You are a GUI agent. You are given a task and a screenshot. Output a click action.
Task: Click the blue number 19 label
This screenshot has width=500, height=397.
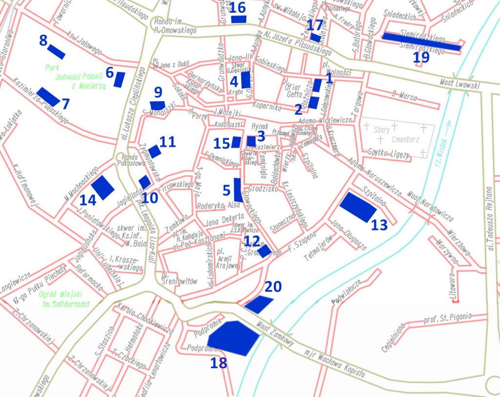click(x=421, y=57)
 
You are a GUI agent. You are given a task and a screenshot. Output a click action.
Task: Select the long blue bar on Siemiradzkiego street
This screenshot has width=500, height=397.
click(x=422, y=41)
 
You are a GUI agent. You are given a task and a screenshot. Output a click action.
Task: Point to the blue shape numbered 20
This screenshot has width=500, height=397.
click(x=259, y=304)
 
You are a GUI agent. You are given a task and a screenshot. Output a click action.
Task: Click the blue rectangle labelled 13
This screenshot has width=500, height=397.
click(x=358, y=206)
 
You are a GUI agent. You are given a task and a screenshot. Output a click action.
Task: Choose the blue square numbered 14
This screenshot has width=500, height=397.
click(x=103, y=187)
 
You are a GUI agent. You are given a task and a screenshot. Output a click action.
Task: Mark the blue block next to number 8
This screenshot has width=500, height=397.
click(x=56, y=51)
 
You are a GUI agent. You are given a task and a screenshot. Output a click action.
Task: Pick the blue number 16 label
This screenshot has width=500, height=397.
click(x=238, y=7)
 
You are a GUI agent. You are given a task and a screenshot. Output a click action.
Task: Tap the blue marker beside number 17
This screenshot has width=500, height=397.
click(x=315, y=38)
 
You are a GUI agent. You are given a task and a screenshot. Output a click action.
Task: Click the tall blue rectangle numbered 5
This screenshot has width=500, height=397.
click(x=239, y=190)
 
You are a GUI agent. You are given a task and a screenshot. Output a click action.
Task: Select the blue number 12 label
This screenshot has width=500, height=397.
click(x=252, y=240)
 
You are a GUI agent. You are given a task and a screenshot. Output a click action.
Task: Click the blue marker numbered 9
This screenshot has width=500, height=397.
click(x=158, y=105)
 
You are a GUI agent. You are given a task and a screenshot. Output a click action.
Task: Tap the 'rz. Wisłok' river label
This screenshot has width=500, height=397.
click(x=442, y=132)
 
